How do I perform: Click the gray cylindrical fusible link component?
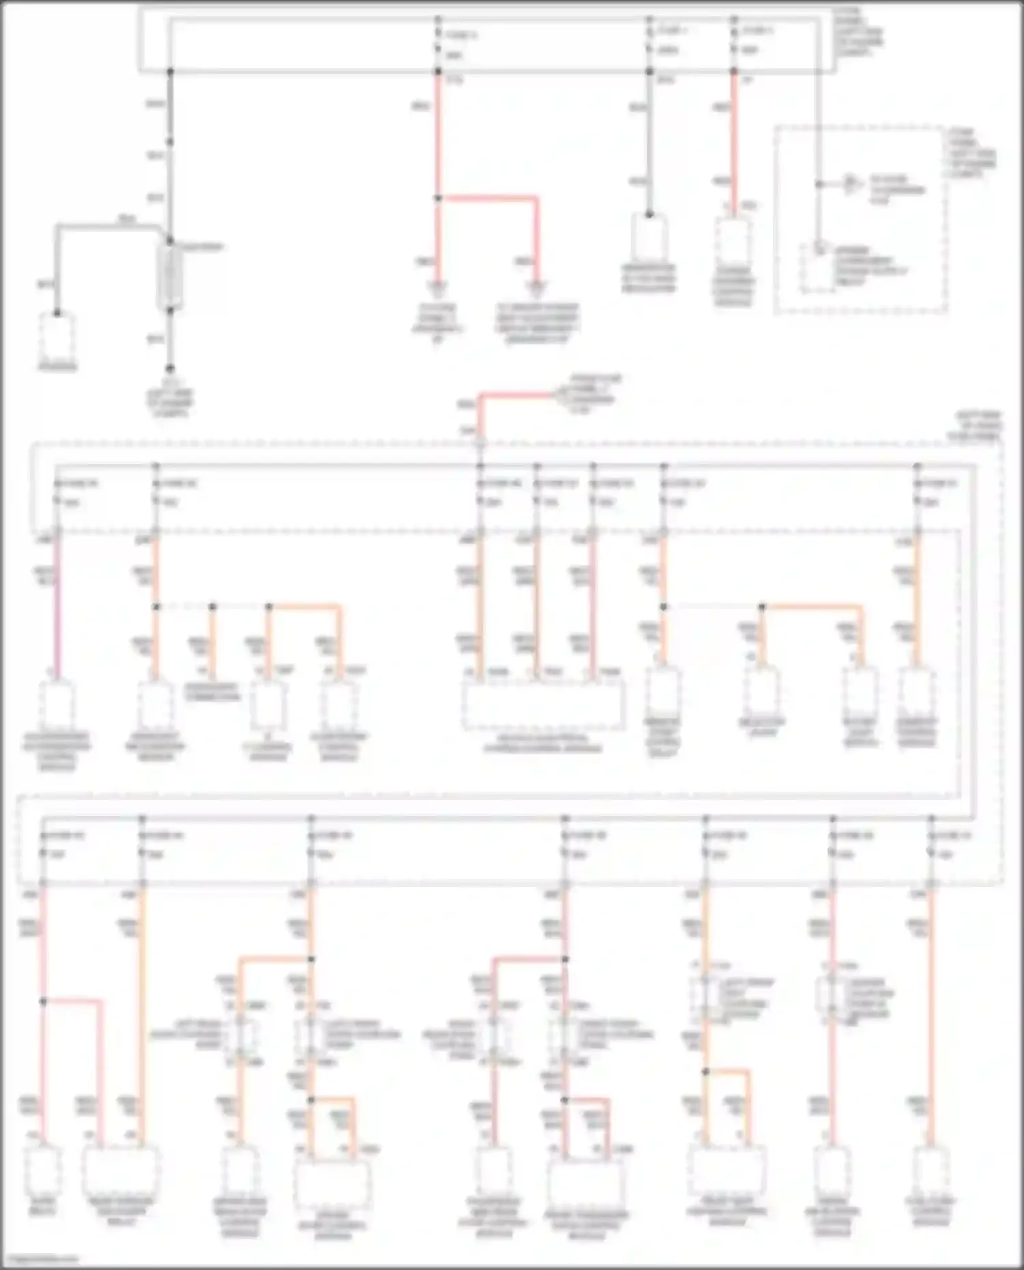(x=169, y=276)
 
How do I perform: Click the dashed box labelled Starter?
(x=57, y=337)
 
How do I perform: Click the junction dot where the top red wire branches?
(x=438, y=199)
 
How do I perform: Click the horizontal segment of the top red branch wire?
(x=488, y=199)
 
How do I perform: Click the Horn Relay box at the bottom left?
(x=42, y=1168)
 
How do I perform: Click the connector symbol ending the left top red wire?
(x=438, y=287)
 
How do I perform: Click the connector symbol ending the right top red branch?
(x=537, y=287)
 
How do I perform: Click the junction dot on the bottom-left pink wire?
(x=42, y=1001)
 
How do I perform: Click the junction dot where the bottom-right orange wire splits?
(x=706, y=1071)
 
